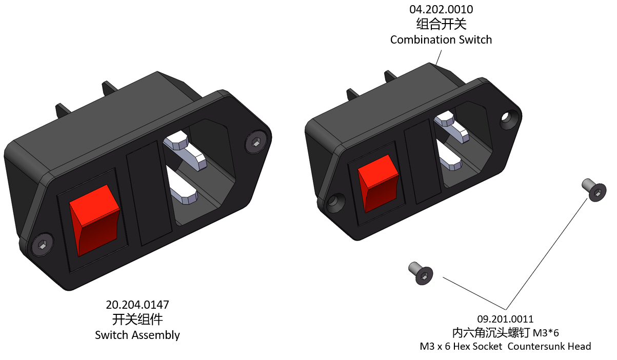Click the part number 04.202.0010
(441, 9)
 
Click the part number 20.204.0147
(137, 305)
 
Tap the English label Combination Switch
(441, 39)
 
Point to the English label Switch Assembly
(137, 335)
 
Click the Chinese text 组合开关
(441, 24)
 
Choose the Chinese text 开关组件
(137, 319)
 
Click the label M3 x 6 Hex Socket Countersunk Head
(505, 347)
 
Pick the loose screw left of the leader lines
(421, 273)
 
